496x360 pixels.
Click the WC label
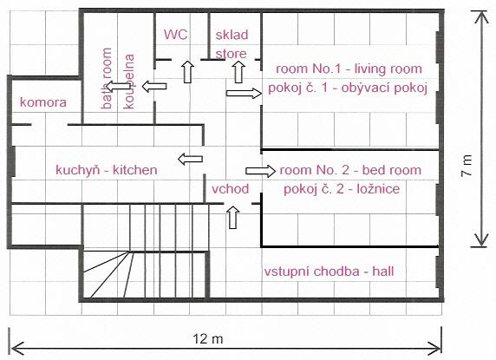point(175,35)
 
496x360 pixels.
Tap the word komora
point(43,102)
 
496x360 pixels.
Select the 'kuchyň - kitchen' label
point(107,170)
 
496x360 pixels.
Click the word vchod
point(231,189)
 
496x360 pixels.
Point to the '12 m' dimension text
point(208,339)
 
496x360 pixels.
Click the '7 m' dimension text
point(467,165)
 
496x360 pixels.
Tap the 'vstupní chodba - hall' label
point(329,272)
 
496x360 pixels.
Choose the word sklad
point(232,35)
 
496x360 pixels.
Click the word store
point(231,54)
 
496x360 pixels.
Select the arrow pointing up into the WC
point(188,72)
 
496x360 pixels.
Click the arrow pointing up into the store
point(238,72)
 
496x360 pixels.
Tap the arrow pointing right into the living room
point(244,93)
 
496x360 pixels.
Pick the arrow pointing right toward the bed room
point(261,171)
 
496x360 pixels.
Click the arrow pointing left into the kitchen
point(190,159)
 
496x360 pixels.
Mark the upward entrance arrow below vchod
point(233,217)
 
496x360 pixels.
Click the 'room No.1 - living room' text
point(349,69)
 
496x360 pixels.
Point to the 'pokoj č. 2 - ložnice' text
point(342,189)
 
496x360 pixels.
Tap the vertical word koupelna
point(129,82)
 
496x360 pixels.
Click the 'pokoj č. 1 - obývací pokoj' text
point(348,88)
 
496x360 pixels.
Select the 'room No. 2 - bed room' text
point(350,170)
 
